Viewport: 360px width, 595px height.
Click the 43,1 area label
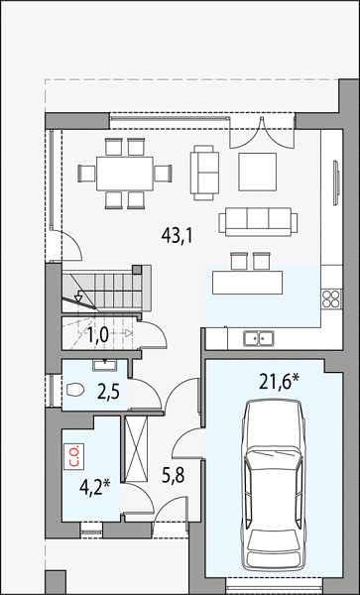pyautogui.click(x=178, y=236)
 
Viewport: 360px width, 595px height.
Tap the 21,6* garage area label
pyautogui.click(x=280, y=382)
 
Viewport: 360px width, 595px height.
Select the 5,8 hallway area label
pyautogui.click(x=174, y=474)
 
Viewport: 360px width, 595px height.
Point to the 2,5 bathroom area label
pyautogui.click(x=108, y=392)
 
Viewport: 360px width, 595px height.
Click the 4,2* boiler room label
pyautogui.click(x=94, y=487)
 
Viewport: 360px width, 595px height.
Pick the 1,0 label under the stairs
pyautogui.click(x=98, y=335)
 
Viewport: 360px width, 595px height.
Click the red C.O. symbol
pyautogui.click(x=74, y=456)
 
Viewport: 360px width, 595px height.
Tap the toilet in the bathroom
pyautogui.click(x=75, y=390)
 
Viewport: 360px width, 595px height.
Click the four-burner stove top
pyautogui.click(x=331, y=298)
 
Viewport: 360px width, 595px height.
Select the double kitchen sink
pyautogui.click(x=259, y=338)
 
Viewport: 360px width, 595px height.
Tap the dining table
pyautogui.click(x=125, y=174)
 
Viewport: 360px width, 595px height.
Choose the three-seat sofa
pyautogui.click(x=258, y=222)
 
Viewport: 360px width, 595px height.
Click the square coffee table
pyautogui.click(x=257, y=172)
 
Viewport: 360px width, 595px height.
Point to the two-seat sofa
pyautogui.click(x=204, y=173)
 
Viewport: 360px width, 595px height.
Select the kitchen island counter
pyautogui.click(x=247, y=283)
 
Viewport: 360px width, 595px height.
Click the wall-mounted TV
pyautogui.click(x=336, y=182)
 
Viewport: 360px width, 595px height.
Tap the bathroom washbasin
pyautogui.click(x=105, y=366)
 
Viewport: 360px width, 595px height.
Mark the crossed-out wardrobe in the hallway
pyautogui.click(x=136, y=449)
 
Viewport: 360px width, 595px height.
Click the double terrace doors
pyautogui.click(x=262, y=134)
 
